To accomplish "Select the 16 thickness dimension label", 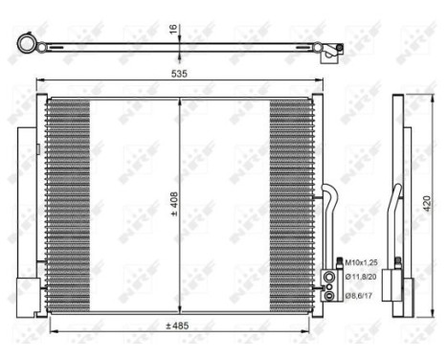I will point(172,30).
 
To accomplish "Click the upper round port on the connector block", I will point(331,276).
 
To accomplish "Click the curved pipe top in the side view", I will point(396,188).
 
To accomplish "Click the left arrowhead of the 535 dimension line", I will point(39,80).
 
